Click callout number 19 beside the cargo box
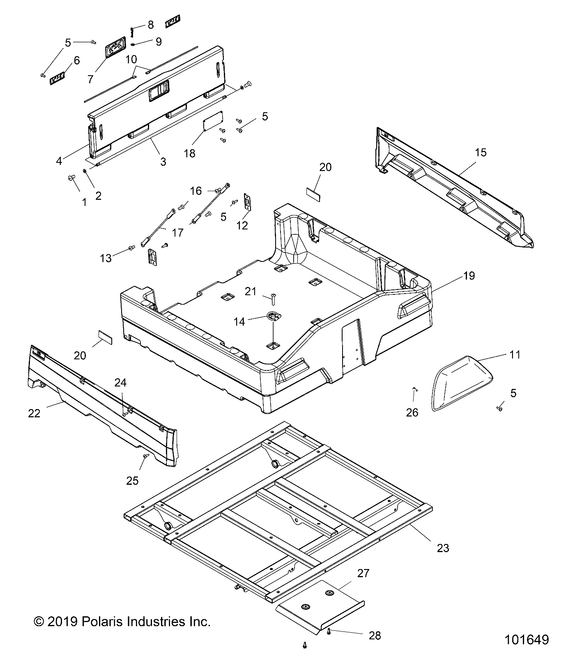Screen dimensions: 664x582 coord(469,276)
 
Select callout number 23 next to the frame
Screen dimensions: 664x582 coord(443,548)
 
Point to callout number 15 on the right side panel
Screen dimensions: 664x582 coord(480,153)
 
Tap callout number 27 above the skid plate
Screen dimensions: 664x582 coord(363,573)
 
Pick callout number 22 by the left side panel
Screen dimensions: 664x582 coord(34,413)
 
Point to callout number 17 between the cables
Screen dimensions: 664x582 coord(177,233)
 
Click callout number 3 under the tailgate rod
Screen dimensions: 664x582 coord(163,162)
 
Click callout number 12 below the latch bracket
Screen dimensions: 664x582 coord(242,225)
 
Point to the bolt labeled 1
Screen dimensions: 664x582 coord(70,178)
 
